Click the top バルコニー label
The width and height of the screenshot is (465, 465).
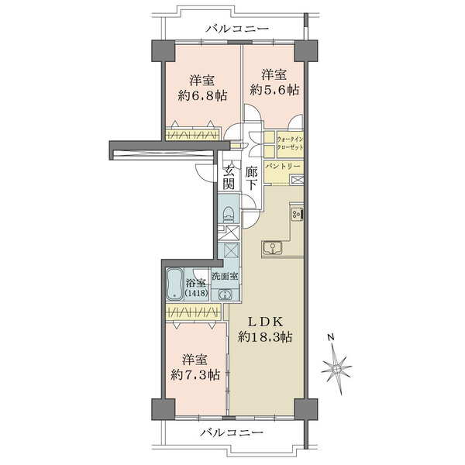tap(238, 29)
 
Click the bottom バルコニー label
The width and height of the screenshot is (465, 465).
tap(231, 432)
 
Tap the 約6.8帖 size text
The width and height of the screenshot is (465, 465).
tap(202, 96)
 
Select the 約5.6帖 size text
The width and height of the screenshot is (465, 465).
tap(274, 90)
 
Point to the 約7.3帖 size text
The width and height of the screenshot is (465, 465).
tap(195, 375)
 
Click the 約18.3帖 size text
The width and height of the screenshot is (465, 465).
tap(265, 337)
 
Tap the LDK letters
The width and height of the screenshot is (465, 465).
tap(265, 322)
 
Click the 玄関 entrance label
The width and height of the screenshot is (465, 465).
tap(229, 177)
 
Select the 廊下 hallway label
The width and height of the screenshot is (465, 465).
tap(251, 178)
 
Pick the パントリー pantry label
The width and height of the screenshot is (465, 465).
tap(283, 167)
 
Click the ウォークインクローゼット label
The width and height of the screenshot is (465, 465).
tap(290, 143)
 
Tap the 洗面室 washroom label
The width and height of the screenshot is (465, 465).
tap(225, 276)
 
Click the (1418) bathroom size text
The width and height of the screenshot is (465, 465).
tap(197, 293)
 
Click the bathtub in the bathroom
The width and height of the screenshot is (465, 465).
tap(174, 284)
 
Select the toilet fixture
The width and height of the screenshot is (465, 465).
tap(229, 214)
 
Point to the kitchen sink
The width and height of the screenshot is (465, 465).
tap(272, 248)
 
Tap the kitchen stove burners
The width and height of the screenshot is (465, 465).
tap(297, 213)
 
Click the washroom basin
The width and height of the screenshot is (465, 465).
tap(225, 294)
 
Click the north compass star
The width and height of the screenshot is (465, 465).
tap(337, 369)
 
